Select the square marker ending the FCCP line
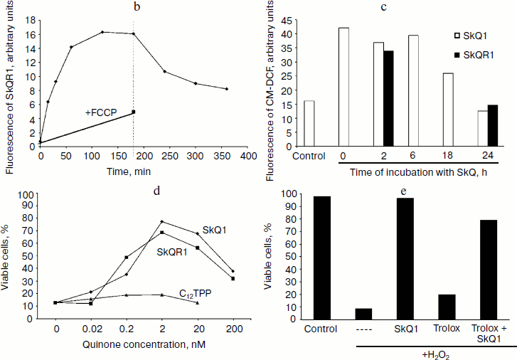134,112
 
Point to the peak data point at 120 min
102,32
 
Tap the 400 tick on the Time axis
247,155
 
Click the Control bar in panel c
309,123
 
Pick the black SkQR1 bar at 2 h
388,98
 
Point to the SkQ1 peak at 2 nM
162,221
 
